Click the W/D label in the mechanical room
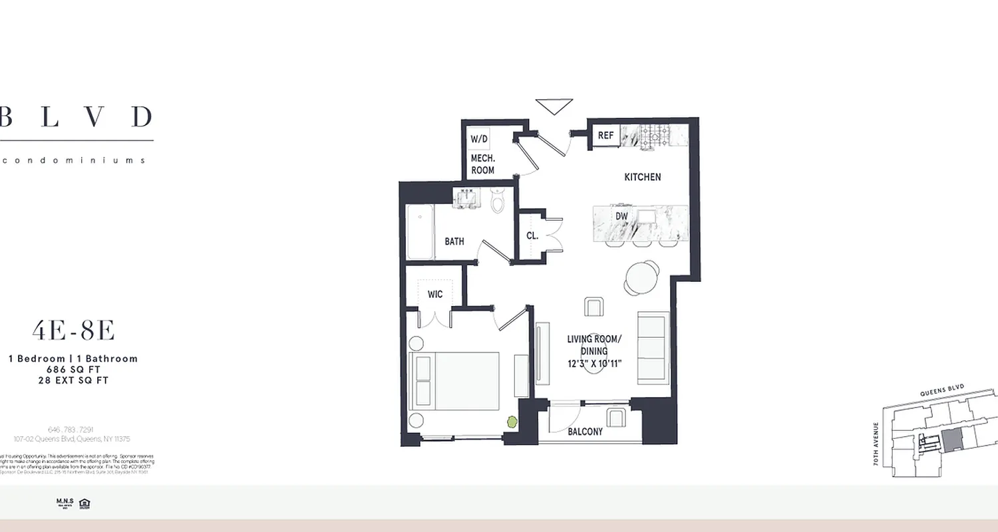click(479, 140)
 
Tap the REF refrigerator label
click(605, 136)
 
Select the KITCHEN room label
click(642, 177)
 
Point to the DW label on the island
click(621, 217)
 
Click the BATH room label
click(454, 241)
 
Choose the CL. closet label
click(532, 235)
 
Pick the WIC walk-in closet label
click(435, 293)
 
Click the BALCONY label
click(585, 432)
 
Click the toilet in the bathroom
click(499, 201)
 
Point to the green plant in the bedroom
click(512, 422)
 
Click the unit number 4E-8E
click(73, 331)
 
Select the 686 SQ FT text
click(73, 370)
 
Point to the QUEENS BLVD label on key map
click(941, 392)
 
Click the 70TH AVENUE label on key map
click(877, 444)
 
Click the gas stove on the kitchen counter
click(656, 136)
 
